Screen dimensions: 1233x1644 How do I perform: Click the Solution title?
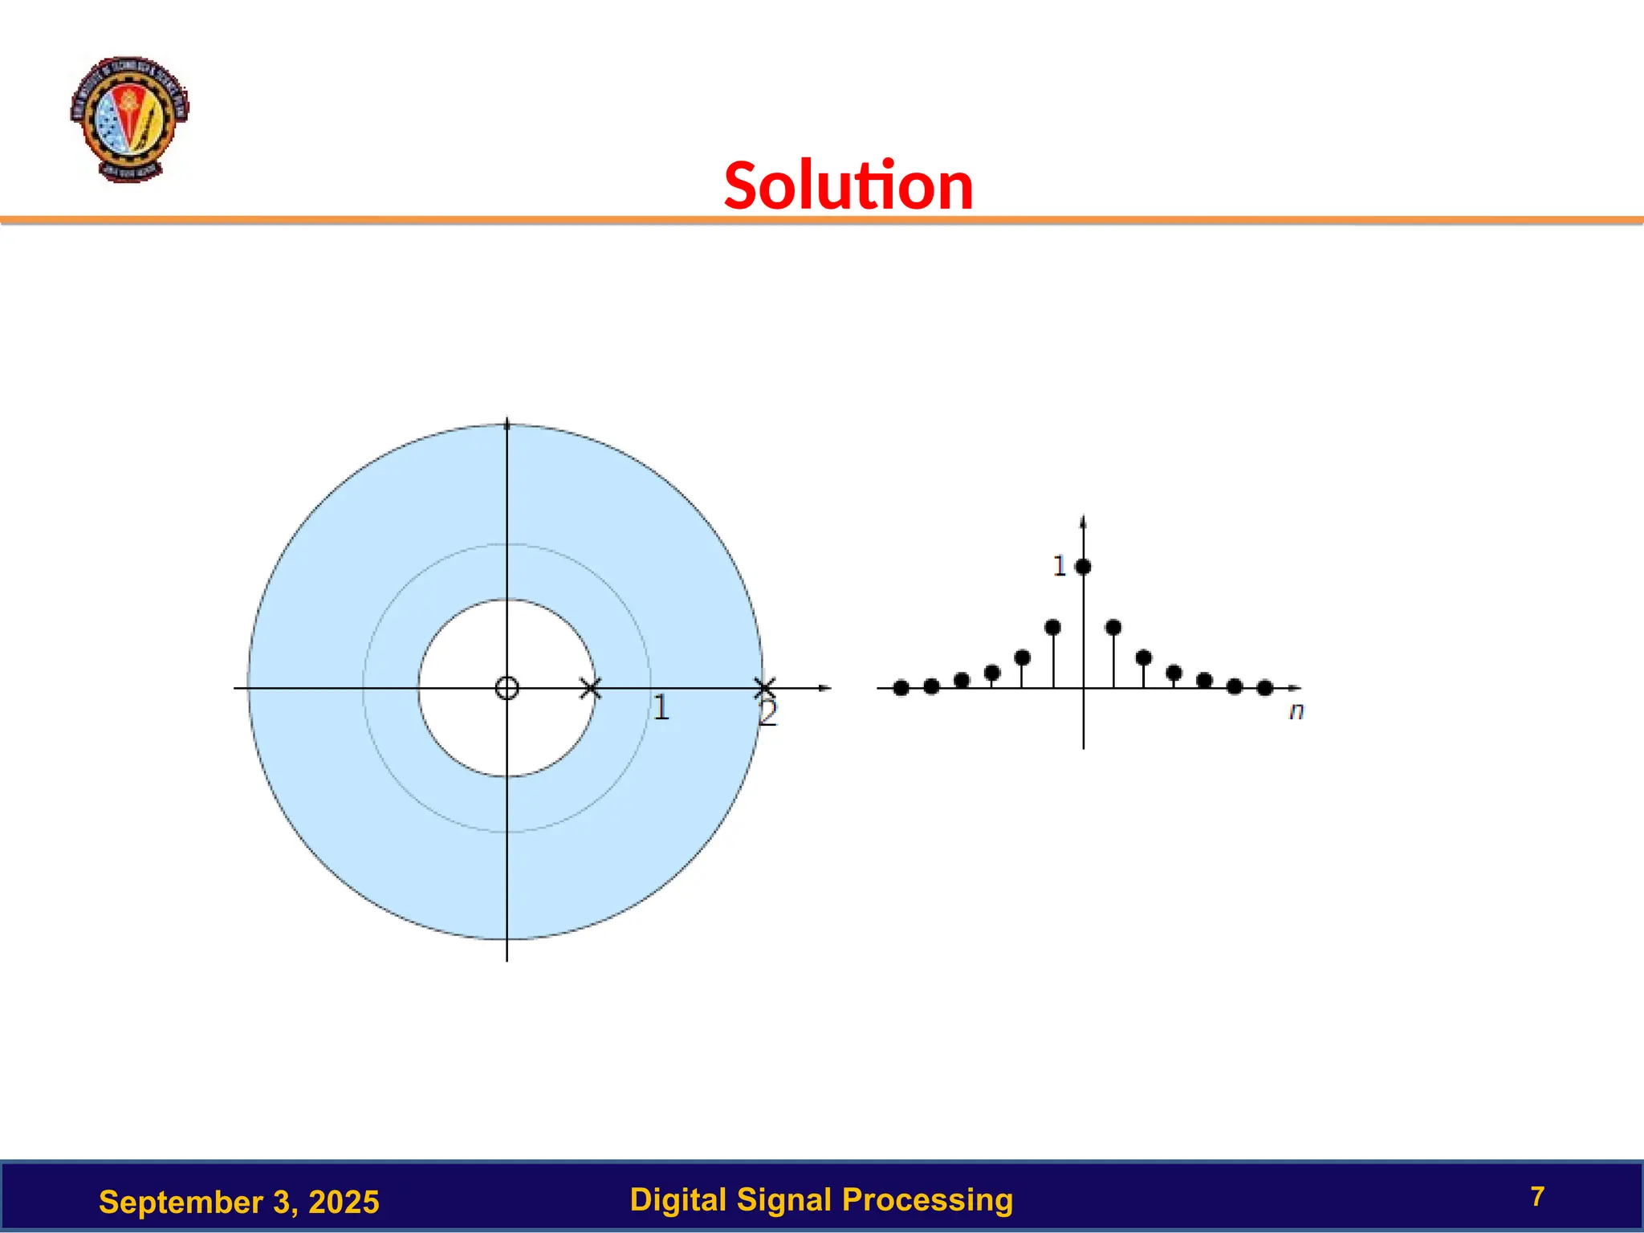848,186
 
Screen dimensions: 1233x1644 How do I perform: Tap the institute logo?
129,119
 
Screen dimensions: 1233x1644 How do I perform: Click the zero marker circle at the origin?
507,688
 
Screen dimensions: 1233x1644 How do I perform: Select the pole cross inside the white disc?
590,688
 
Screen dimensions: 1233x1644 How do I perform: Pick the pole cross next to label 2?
765,688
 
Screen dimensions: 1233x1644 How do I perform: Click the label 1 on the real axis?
661,708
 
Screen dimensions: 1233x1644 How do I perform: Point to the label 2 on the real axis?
768,713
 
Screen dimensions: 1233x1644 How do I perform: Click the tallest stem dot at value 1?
1083,567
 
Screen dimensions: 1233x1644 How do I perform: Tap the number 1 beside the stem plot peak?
1059,566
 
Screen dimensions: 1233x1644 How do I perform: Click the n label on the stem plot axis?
1296,711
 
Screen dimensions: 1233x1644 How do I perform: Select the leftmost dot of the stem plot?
901,688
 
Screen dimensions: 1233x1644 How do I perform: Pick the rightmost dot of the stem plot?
1265,688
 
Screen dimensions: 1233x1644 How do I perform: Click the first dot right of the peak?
1113,627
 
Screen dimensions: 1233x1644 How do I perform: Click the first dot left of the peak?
1053,627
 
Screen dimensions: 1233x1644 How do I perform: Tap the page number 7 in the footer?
1537,1197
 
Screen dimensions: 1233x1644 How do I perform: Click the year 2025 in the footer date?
344,1202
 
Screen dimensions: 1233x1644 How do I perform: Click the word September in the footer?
181,1202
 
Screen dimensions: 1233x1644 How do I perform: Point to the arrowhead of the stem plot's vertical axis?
1084,522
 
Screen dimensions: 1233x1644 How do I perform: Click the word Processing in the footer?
927,1199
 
